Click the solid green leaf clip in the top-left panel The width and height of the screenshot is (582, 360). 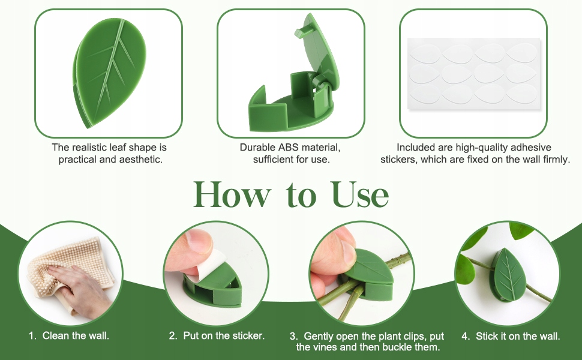click(109, 73)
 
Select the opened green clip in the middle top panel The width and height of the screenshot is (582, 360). click(293, 74)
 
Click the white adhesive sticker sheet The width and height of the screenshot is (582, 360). click(474, 73)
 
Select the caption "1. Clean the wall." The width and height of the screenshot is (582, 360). click(69, 335)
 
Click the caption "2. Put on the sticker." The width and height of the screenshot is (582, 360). click(217, 335)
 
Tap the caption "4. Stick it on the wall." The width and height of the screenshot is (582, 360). click(511, 336)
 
